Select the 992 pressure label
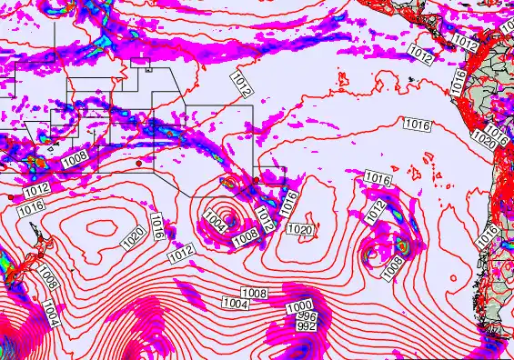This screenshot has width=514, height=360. (x=307, y=325)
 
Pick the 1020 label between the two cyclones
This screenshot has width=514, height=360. (x=300, y=230)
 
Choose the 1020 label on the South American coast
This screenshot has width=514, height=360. (x=485, y=142)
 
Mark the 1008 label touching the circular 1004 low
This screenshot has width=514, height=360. (x=246, y=238)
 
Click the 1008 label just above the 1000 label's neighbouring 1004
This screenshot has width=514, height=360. (x=255, y=293)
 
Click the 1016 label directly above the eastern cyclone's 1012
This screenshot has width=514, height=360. (x=378, y=177)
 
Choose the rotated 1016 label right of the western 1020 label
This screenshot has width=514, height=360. (x=157, y=225)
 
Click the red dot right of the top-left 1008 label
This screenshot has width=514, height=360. (x=137, y=164)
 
